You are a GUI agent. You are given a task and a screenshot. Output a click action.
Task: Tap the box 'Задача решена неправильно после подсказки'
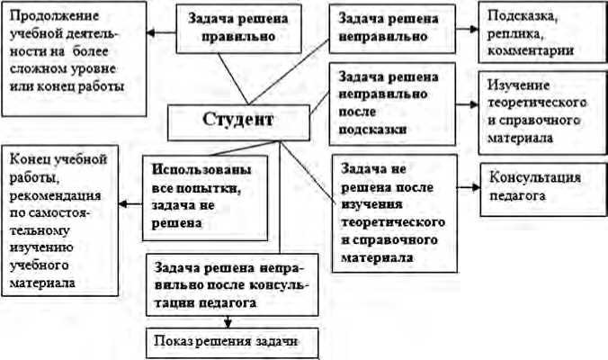(379, 103)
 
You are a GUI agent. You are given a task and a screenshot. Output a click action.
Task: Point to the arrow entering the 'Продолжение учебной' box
(162, 33)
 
